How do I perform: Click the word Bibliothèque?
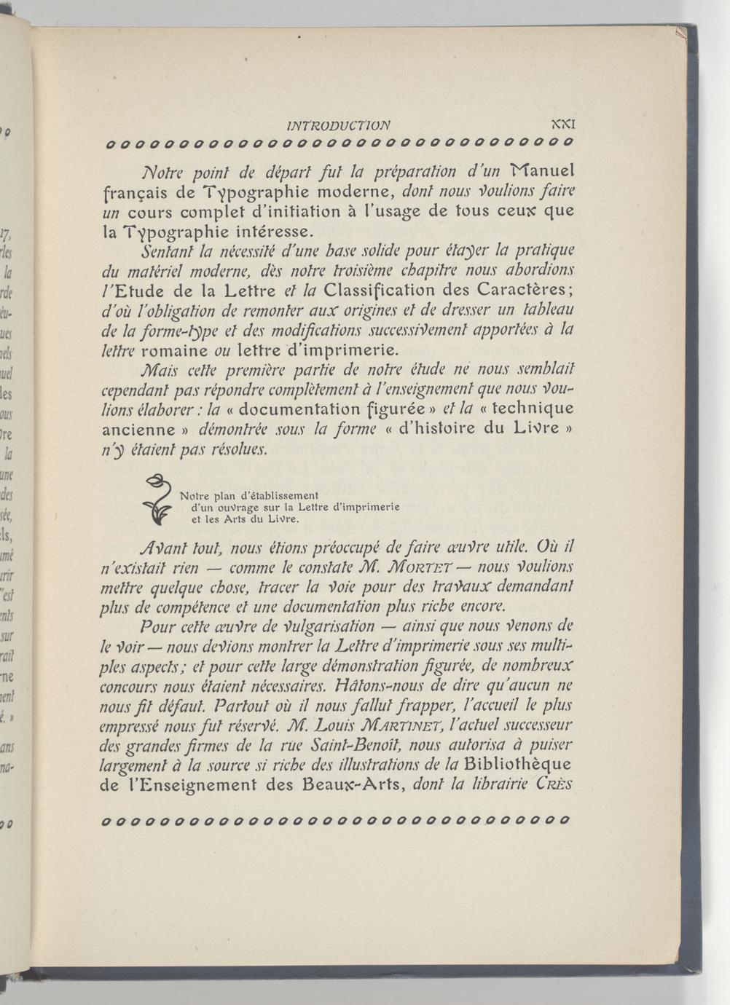tap(518, 765)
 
